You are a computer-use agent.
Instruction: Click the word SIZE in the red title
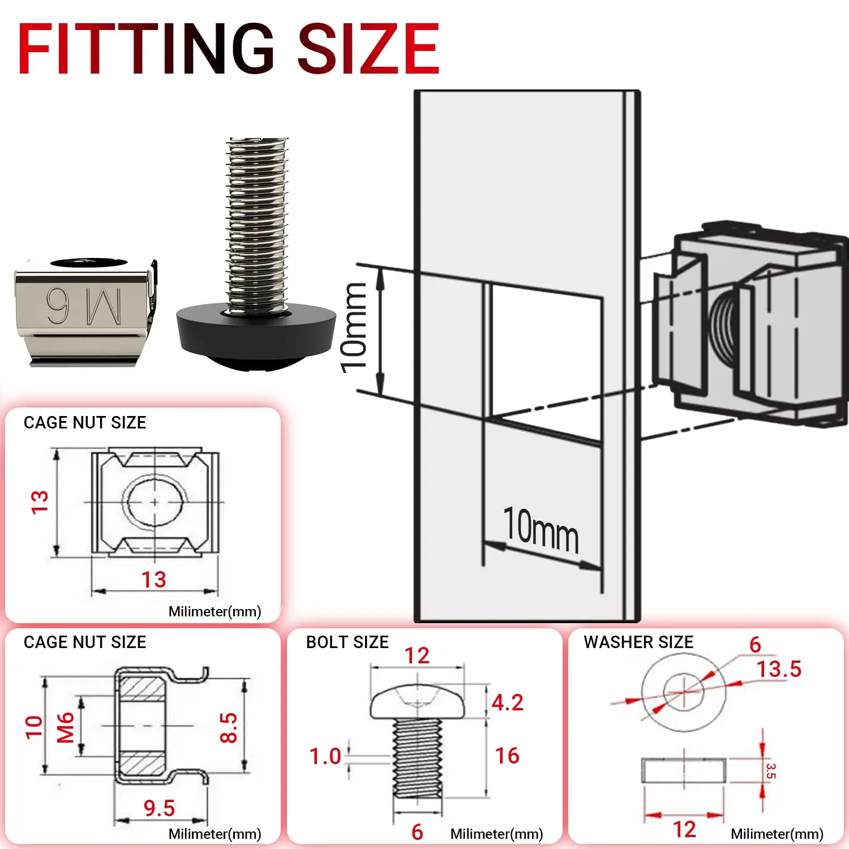(368, 49)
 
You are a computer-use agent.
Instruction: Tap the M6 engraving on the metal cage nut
(84, 306)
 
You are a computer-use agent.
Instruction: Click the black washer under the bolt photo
(256, 334)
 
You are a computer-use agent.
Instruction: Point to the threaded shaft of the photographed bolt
(258, 221)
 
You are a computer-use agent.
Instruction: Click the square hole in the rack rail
(543, 357)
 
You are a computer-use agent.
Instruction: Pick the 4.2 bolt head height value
(507, 702)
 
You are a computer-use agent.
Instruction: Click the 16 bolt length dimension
(507, 756)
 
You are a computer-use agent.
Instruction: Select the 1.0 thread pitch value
(325, 756)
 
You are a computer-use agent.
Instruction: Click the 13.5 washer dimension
(779, 669)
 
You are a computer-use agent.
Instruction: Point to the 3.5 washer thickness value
(770, 771)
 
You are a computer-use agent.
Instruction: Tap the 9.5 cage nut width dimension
(159, 808)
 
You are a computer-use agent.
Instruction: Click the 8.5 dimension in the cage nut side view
(228, 727)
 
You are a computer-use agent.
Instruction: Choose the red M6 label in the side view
(66, 727)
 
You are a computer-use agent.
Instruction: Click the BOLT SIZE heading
(347, 642)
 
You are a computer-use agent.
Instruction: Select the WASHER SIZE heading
(638, 642)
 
